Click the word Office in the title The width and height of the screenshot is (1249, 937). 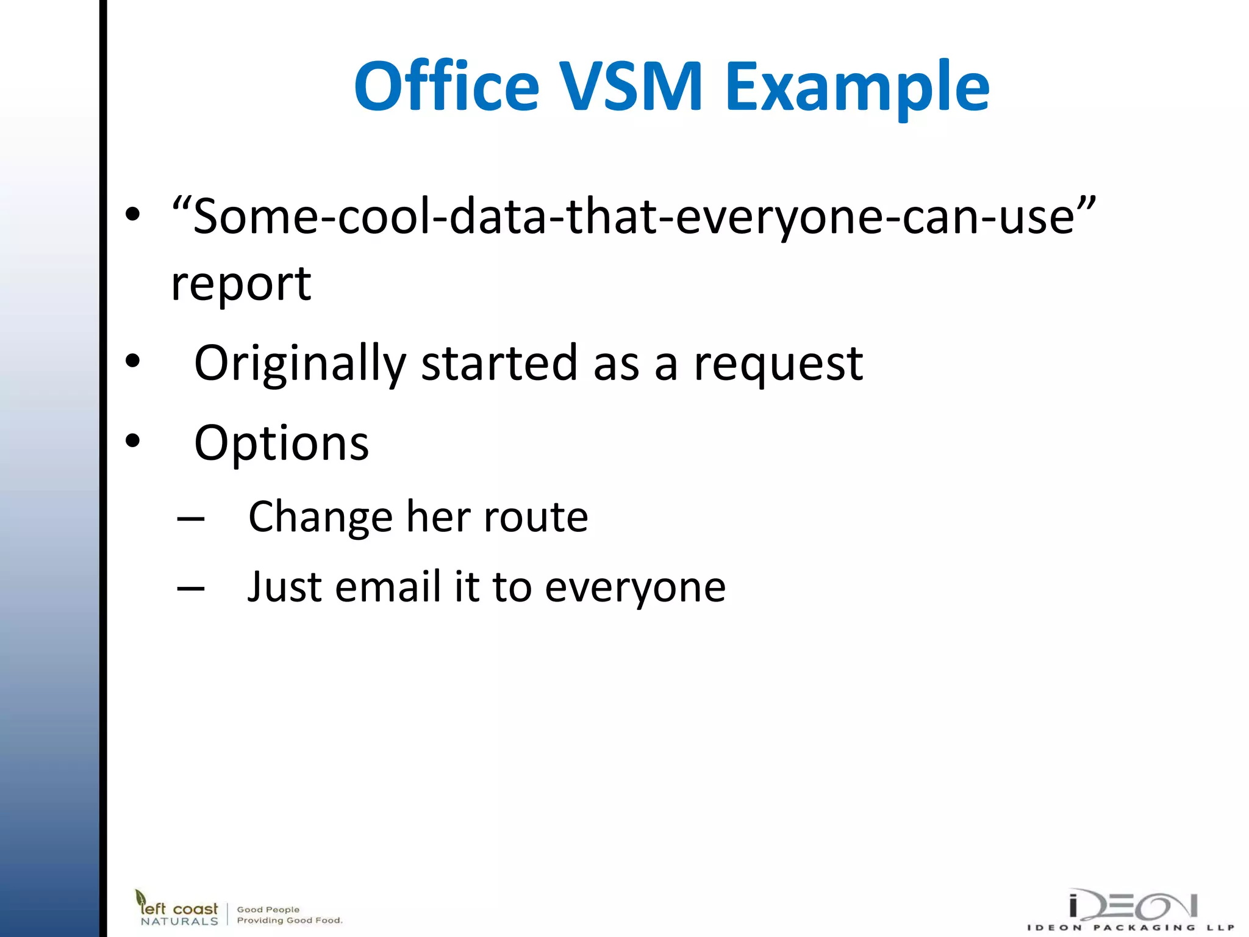coord(446,87)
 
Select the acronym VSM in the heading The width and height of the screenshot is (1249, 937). coord(632,87)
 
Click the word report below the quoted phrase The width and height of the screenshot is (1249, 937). coord(241,285)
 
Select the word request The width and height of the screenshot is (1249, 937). coord(778,364)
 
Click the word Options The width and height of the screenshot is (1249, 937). coord(281,444)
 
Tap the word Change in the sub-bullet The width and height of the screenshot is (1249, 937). coord(321,518)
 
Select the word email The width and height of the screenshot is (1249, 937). coord(388,587)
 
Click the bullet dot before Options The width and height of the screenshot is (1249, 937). coord(132,440)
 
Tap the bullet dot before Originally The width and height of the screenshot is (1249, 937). coord(132,361)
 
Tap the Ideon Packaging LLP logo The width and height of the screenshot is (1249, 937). coord(1131,910)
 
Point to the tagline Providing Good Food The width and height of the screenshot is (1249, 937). coord(290,921)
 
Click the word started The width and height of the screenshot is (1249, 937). coord(499,364)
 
